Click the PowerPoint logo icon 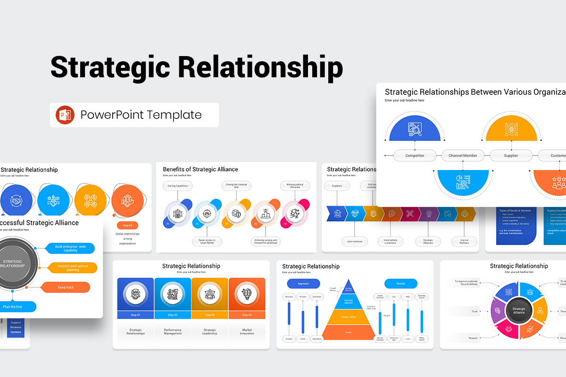[65, 115]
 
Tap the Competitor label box [415, 156]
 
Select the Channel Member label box [463, 156]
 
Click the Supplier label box [511, 156]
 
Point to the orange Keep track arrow [66, 287]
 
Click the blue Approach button [303, 284]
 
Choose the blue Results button [400, 284]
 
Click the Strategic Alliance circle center [518, 310]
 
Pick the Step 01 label [135, 315]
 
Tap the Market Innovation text [247, 332]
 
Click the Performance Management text [173, 332]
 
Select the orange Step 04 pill [127, 225]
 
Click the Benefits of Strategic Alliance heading [200, 169]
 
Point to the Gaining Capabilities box [177, 186]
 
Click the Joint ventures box [355, 241]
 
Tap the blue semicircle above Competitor [415, 129]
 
